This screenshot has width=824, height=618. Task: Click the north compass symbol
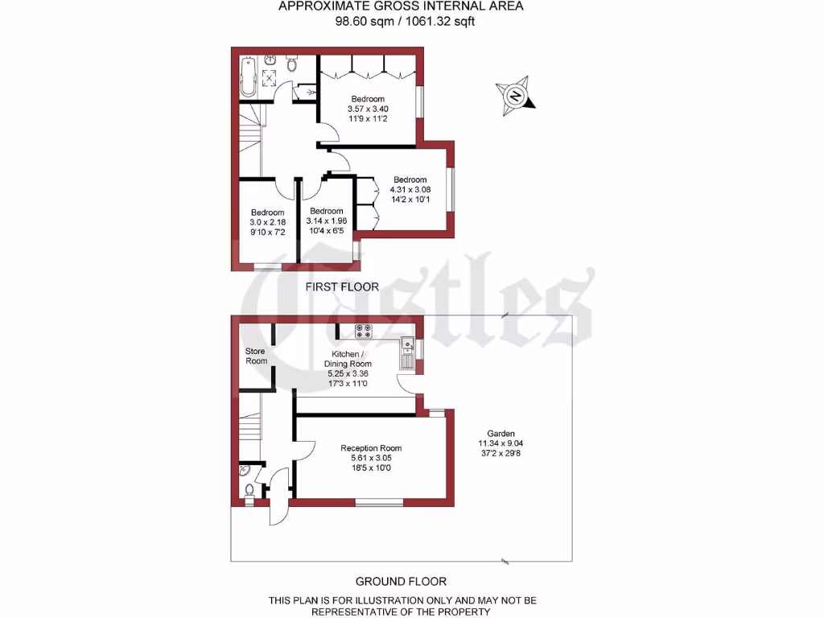click(513, 96)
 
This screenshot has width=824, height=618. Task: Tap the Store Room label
click(256, 356)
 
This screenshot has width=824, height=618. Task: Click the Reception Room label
click(371, 448)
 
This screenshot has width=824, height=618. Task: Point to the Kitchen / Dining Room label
click(348, 359)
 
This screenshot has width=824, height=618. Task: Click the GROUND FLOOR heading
click(401, 581)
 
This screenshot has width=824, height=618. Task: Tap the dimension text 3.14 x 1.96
click(326, 221)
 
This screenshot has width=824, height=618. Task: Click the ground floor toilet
click(249, 488)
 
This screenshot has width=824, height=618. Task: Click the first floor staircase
click(249, 129)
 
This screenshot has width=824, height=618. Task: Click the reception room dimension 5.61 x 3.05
click(371, 459)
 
